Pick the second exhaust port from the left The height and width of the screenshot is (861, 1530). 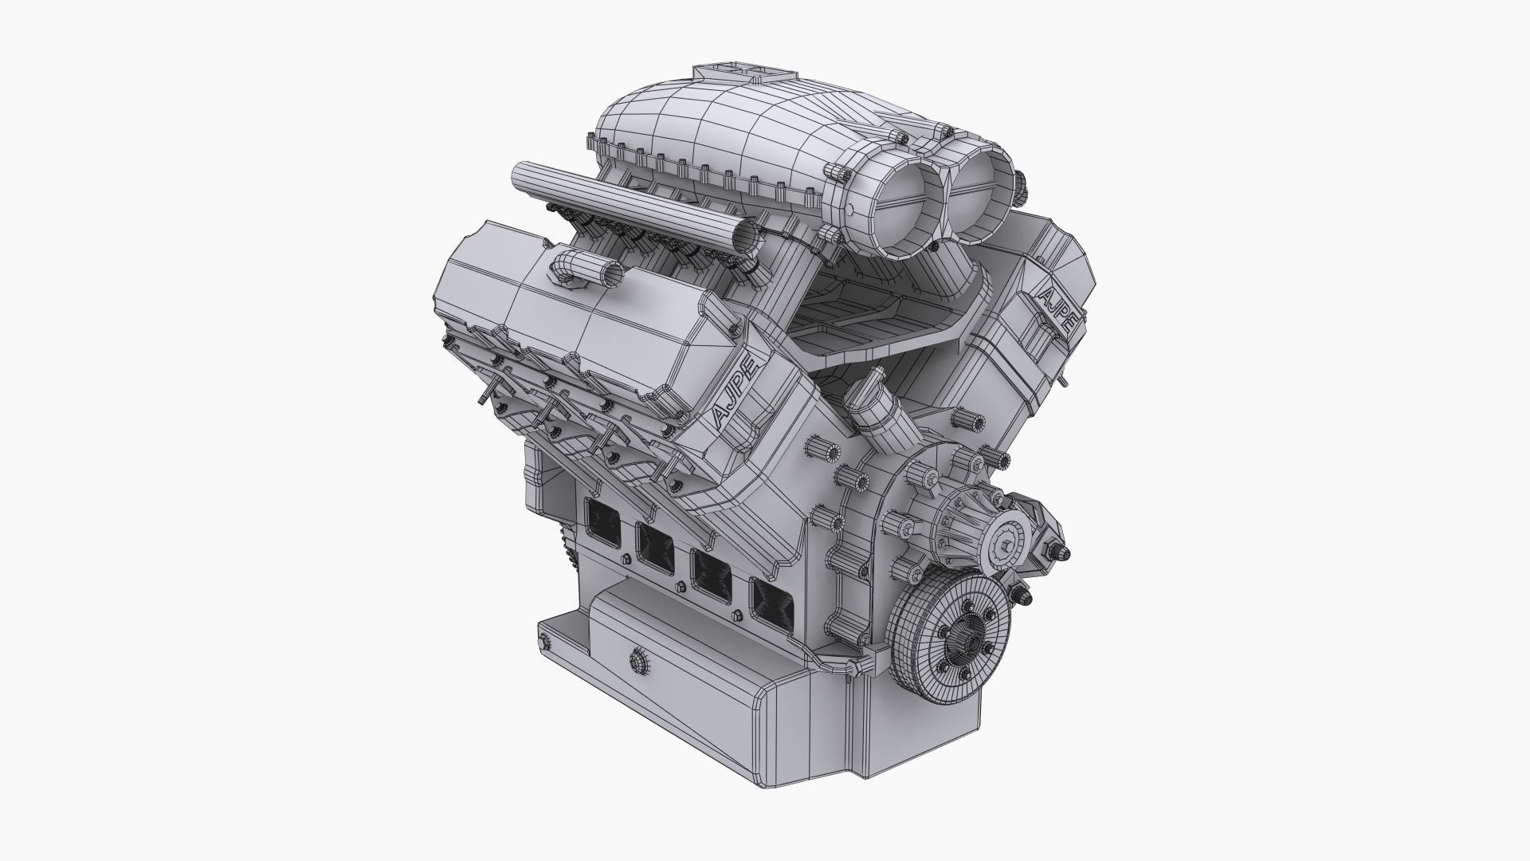pos(656,548)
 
